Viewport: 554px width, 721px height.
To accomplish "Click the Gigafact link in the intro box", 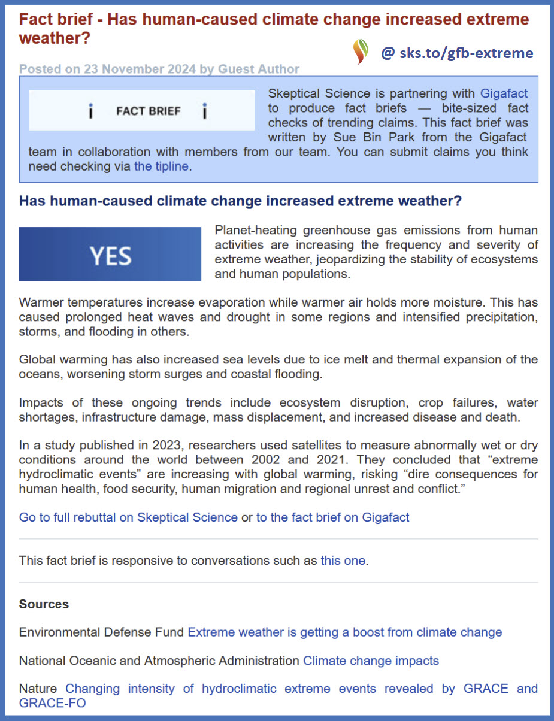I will click(504, 94).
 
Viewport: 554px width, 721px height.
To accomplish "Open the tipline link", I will click(161, 167).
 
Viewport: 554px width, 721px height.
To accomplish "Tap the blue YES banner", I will click(110, 254).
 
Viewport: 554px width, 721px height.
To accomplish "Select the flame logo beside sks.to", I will click(361, 52).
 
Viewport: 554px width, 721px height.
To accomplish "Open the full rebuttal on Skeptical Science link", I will click(128, 517).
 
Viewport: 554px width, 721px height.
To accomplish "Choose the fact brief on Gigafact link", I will click(332, 517).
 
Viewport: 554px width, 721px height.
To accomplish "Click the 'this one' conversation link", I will click(343, 561).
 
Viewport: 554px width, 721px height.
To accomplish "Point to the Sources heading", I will click(44, 604).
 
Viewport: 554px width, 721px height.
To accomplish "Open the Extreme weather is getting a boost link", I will click(344, 632).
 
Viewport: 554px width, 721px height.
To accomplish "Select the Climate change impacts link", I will click(371, 661).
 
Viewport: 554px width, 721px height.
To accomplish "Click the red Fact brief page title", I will click(274, 28).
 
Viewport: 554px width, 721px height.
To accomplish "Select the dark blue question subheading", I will click(240, 201).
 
